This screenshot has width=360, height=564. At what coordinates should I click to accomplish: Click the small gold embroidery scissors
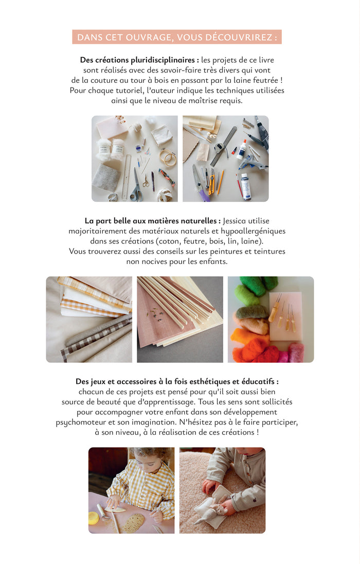coord(146,181)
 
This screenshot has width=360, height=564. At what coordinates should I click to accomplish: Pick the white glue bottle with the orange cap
coord(241,149)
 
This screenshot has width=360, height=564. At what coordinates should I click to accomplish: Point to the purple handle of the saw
coord(203,195)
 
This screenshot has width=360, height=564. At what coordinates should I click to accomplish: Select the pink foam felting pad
coord(286,317)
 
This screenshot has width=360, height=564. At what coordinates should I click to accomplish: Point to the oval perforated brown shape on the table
coord(134,522)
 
